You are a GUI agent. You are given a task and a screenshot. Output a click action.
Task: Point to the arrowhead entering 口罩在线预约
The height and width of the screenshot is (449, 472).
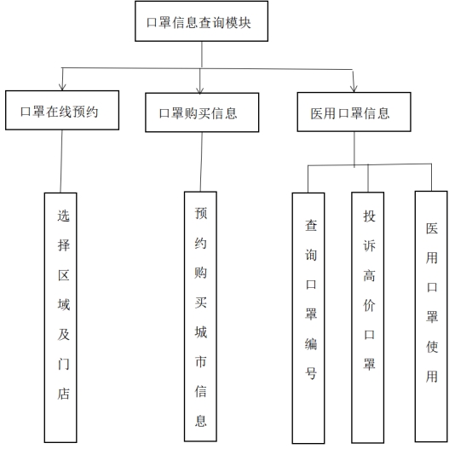pyautogui.click(x=62, y=87)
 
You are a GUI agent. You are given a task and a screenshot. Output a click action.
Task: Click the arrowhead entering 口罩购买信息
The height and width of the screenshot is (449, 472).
pyautogui.click(x=200, y=90)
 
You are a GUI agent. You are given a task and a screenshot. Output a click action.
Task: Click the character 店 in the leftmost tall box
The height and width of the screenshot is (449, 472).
pyautogui.click(x=64, y=394)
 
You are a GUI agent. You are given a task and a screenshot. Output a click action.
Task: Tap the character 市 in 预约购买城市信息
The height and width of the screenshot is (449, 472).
pyautogui.click(x=201, y=361)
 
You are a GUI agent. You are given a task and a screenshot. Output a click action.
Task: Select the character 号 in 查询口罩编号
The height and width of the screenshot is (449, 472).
pyautogui.click(x=311, y=373)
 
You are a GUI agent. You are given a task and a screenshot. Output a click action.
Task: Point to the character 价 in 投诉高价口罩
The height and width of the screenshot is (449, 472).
pyautogui.click(x=370, y=305)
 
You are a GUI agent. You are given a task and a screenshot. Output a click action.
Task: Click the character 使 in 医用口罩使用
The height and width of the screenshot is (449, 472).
pyautogui.click(x=432, y=347)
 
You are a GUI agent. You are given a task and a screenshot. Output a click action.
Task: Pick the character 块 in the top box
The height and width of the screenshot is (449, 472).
pyautogui.click(x=245, y=23)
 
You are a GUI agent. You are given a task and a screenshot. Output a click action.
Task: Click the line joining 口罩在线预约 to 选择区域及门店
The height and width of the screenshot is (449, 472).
pyautogui.click(x=61, y=161)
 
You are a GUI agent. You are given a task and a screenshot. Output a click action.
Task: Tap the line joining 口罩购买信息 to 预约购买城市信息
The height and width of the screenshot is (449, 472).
pyautogui.click(x=201, y=162)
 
